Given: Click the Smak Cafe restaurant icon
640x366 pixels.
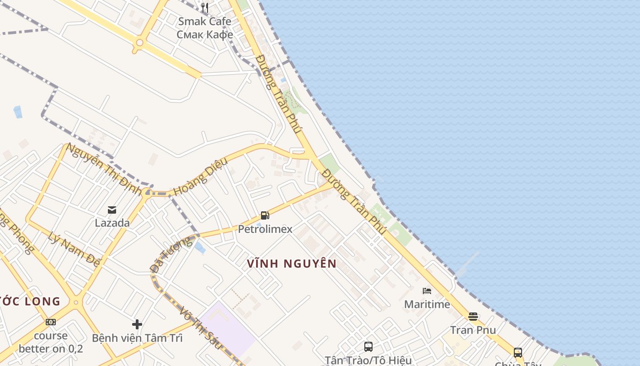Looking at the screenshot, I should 205,8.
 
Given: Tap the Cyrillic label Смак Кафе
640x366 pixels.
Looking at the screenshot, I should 205,34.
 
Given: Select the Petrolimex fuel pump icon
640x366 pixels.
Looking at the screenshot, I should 265,215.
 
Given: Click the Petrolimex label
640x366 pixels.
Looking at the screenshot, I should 265,229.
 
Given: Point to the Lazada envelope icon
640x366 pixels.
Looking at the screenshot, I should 112,210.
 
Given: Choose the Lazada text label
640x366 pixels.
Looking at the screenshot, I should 112,223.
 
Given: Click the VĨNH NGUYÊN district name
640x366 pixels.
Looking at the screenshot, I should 292,264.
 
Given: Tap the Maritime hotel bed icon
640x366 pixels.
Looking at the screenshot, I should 427,291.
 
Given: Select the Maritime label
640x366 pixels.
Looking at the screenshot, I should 427,304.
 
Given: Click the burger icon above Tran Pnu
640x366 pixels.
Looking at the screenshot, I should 473,317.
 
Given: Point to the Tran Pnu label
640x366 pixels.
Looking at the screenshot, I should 473,330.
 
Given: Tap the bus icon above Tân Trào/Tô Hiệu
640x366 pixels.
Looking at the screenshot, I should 368,347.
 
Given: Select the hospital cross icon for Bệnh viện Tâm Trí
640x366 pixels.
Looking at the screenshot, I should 137,324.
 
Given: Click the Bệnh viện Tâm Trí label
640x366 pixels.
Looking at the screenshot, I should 137,338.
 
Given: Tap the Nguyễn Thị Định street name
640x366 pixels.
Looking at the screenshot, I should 103,168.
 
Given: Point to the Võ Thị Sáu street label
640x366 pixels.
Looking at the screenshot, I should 201,328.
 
